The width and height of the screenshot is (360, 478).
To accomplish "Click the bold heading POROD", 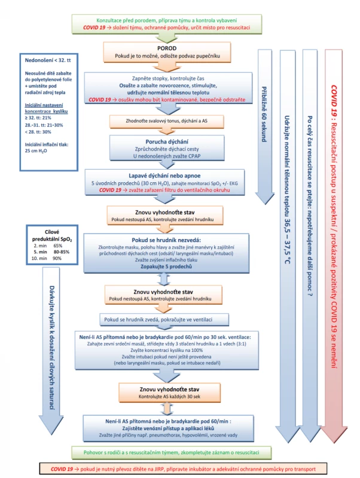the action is click(x=167, y=48).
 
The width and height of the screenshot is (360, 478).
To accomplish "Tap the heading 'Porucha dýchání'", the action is click(x=167, y=142).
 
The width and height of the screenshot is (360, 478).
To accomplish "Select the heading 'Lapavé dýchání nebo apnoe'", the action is click(x=164, y=176).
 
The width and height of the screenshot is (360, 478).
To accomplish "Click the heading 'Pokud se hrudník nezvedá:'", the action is click(x=166, y=240).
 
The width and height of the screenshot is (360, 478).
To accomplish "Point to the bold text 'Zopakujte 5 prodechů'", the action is click(x=166, y=266).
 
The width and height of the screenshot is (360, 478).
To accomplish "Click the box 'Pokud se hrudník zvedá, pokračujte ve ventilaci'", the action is click(x=164, y=320).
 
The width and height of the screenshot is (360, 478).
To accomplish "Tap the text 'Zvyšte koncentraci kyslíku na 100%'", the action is click(x=167, y=350).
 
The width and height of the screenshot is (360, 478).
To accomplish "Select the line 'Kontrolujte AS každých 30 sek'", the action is click(x=169, y=397).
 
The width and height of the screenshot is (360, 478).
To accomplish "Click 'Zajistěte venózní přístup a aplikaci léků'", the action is click(x=168, y=428).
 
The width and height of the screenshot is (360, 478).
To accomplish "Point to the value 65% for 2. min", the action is click(x=57, y=246).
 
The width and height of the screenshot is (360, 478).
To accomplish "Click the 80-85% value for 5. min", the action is click(x=62, y=252).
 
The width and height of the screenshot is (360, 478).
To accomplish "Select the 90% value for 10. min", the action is click(x=57, y=259).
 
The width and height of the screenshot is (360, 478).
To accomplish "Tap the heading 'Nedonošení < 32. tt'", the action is click(x=48, y=60).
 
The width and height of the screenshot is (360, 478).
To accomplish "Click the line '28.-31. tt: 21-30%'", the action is click(x=44, y=125).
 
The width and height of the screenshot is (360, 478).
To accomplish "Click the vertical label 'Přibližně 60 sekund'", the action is click(x=264, y=114).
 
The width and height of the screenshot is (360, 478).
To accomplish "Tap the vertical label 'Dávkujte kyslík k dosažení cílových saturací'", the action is click(x=52, y=348).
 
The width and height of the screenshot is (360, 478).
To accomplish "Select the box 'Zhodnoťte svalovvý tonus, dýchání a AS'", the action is click(x=167, y=121).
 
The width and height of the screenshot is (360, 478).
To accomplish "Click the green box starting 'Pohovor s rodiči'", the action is click(x=171, y=453).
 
